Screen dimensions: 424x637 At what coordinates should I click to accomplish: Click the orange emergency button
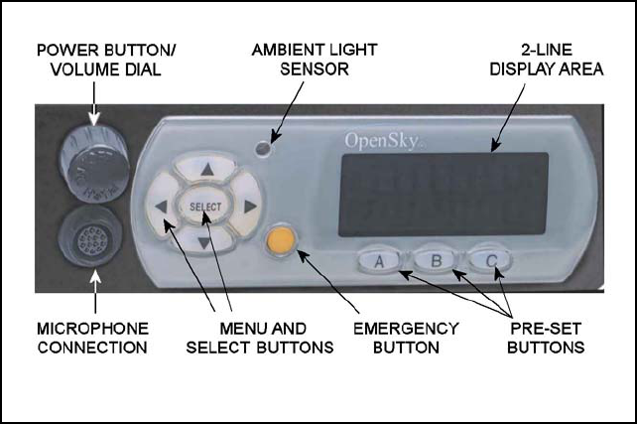[281, 240]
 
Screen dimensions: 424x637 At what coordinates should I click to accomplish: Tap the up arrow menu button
[206, 171]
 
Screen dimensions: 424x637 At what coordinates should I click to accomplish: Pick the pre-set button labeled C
[489, 261]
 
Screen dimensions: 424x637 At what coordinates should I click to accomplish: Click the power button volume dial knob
[92, 162]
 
